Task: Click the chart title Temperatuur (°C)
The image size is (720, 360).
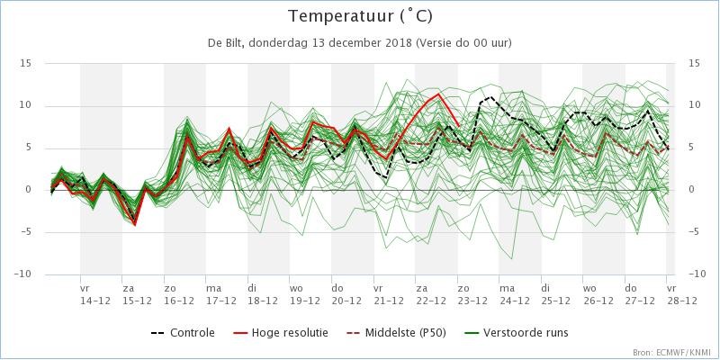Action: (x=361, y=16)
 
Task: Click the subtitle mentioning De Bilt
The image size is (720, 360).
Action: (x=360, y=43)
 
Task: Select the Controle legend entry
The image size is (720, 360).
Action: (x=183, y=332)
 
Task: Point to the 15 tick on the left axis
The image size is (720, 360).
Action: (x=26, y=63)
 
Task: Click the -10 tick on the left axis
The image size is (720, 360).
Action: (x=23, y=274)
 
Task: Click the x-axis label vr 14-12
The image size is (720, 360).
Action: (x=95, y=294)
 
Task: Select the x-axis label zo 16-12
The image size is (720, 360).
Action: (x=178, y=294)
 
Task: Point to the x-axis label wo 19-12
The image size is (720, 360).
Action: (x=304, y=294)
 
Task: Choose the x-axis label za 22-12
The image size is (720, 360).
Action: (x=430, y=294)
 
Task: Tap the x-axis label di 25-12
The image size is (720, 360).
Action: (x=556, y=294)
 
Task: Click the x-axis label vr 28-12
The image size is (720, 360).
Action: (x=681, y=294)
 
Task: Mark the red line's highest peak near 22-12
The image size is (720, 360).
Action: (x=439, y=94)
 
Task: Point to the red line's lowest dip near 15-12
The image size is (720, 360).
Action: (x=135, y=224)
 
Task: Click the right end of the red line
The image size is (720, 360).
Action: (x=458, y=125)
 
